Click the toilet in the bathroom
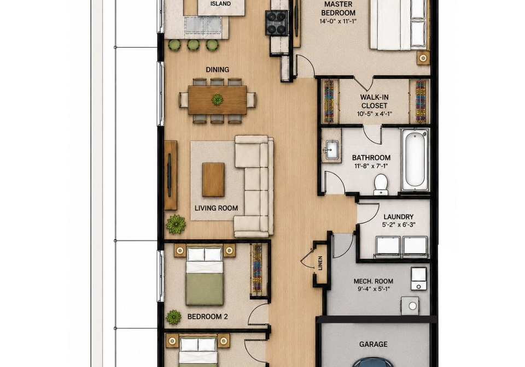381,184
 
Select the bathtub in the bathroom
415,160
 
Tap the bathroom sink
331,150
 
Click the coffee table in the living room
213,180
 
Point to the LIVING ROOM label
217,208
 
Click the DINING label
217,69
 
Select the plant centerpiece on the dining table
217,99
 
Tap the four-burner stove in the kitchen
277,23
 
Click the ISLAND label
220,4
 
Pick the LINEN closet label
320,263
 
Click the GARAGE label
374,344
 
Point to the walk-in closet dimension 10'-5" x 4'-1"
374,114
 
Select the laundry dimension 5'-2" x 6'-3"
399,225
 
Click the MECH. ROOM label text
374,281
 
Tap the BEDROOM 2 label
208,317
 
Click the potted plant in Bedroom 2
174,317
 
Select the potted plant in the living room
176,224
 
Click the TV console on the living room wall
171,175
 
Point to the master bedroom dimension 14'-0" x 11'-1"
338,21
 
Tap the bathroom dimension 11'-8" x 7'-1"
371,166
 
